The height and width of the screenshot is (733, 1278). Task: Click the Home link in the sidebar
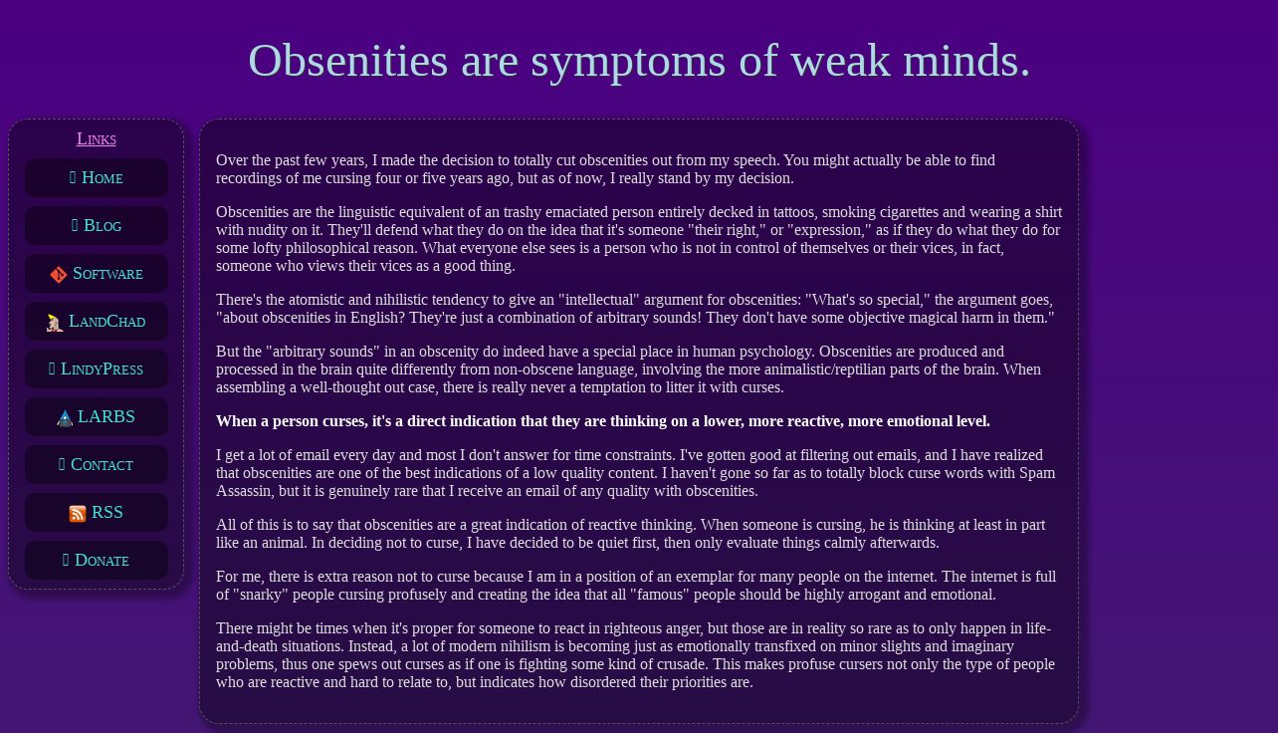96,177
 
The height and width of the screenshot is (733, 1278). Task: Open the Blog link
96,225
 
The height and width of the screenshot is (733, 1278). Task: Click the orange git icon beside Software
58,275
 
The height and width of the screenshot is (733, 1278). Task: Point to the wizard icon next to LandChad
55,323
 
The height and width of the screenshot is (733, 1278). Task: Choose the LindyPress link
96,368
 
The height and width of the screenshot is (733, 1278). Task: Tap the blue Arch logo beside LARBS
65,418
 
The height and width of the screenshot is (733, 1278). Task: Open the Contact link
96,465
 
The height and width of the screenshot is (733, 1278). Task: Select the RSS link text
107,512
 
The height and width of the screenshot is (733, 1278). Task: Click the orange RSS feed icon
78,514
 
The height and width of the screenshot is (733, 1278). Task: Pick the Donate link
96,560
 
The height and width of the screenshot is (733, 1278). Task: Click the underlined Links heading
97,138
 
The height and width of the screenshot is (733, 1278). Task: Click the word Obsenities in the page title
348,61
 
